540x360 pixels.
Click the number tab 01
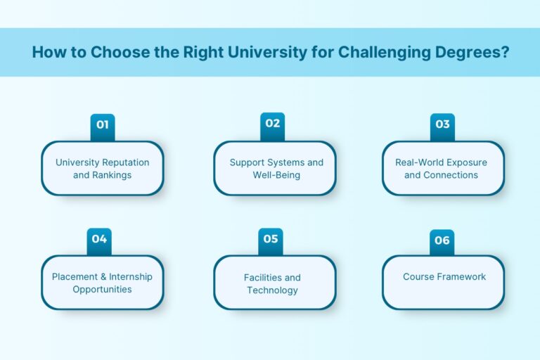[x=103, y=126]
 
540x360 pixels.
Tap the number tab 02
[x=273, y=124]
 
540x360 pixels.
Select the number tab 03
[x=442, y=125]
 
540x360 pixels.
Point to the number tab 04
[x=99, y=240]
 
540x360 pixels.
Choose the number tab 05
[x=271, y=240]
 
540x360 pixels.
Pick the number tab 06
[x=442, y=241]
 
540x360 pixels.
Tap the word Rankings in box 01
[x=112, y=175]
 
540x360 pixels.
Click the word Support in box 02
[x=246, y=162]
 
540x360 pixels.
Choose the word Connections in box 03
[x=451, y=175]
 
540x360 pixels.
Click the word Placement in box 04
[x=75, y=276]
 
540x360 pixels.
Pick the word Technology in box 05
[x=272, y=290]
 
